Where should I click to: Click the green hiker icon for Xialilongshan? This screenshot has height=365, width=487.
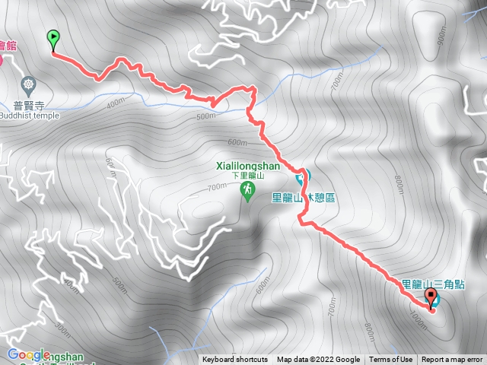(247, 189)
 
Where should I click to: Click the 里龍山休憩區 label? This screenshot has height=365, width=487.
(303, 198)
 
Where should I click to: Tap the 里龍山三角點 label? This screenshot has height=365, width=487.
(444, 284)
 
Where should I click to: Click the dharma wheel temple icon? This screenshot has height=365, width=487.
(29, 82)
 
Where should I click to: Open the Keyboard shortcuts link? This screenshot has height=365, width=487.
(234, 360)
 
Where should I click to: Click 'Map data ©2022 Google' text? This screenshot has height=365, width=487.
(318, 360)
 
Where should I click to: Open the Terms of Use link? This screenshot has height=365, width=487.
(391, 360)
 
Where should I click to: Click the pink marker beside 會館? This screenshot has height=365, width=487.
(2, 59)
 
